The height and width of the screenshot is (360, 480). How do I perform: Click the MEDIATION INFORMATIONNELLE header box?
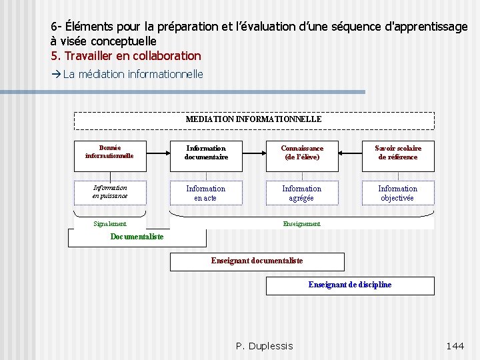point(253,120)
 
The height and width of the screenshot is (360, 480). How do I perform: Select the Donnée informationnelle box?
point(109,152)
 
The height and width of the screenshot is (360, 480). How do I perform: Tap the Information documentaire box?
point(206,153)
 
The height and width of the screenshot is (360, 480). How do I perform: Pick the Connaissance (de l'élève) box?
point(302,153)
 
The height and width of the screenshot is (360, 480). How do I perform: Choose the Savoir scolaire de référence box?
point(398,153)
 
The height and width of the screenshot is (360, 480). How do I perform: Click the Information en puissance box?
point(109,192)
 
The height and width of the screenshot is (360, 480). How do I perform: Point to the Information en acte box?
point(206,193)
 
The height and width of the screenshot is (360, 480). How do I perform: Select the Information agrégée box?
point(302,193)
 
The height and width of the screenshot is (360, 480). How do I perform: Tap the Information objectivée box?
point(398,193)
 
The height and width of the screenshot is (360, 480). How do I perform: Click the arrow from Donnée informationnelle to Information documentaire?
point(157,153)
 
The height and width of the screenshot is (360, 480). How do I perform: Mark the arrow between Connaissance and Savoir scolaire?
point(350,153)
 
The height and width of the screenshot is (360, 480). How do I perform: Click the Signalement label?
point(109,224)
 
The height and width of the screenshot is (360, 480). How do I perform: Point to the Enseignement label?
point(302,224)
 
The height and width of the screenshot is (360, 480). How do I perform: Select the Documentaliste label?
point(137,237)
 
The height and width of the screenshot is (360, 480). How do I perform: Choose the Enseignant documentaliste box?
point(257,261)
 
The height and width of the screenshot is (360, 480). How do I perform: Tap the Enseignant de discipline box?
point(350,285)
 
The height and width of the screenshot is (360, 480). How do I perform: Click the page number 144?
point(455,345)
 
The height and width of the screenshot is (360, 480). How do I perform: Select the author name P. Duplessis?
point(265,345)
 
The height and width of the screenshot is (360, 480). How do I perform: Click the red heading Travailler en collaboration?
point(126,56)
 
